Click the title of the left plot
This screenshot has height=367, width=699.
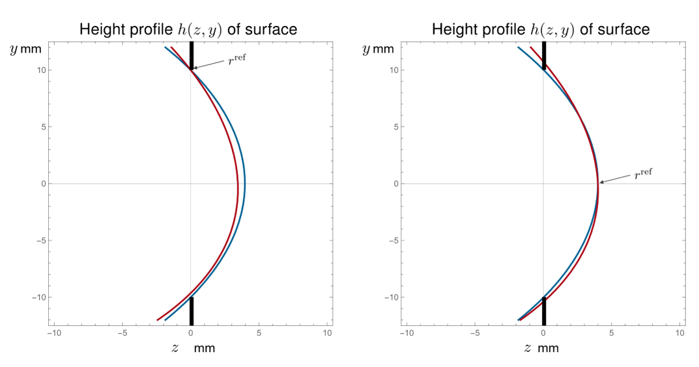[188, 29]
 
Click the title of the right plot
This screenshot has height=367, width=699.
[541, 29]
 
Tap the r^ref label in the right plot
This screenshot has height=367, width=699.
[642, 174]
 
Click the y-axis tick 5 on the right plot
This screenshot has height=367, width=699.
[394, 127]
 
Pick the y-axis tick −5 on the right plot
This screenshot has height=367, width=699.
[392, 241]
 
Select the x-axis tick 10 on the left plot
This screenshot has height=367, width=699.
[328, 333]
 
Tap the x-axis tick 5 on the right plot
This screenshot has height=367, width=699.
[612, 333]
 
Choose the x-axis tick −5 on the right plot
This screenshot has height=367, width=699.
[474, 333]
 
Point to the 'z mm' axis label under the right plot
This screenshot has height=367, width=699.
[541, 348]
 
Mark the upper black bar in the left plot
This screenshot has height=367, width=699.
[191, 55]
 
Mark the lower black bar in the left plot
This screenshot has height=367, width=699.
[191, 311]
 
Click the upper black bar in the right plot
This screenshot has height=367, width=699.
[544, 55]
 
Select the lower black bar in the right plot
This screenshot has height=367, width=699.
[544, 311]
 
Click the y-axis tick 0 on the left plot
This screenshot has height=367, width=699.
[42, 184]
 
